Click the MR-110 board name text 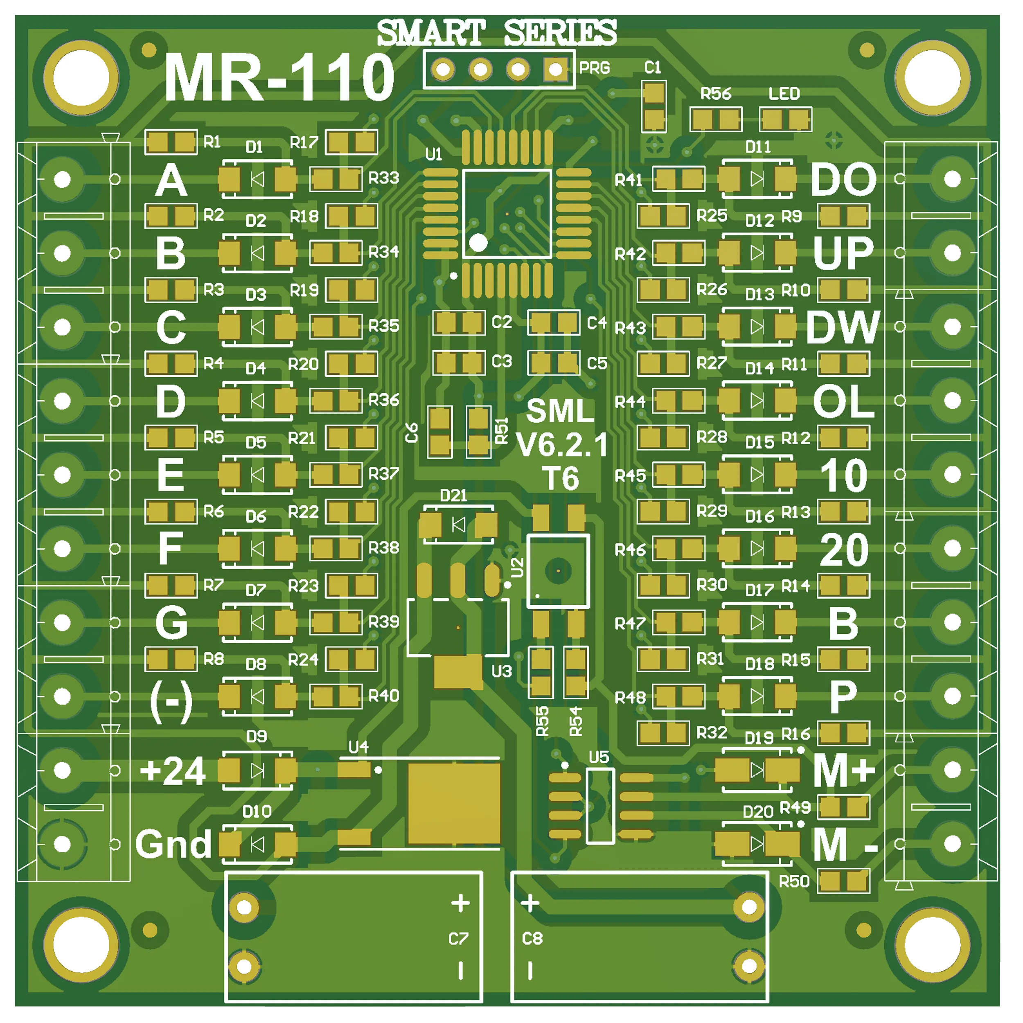pyautogui.click(x=279, y=78)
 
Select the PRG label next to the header pyautogui.click(x=594, y=68)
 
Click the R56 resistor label pyautogui.click(x=715, y=94)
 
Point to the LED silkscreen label pyautogui.click(x=784, y=94)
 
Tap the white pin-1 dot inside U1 pyautogui.click(x=478, y=243)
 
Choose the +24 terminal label pyautogui.click(x=173, y=771)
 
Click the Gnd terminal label pyautogui.click(x=173, y=844)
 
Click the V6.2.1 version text pyautogui.click(x=561, y=445)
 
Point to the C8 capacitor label pyautogui.click(x=532, y=939)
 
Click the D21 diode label pyautogui.click(x=454, y=496)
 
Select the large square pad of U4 pyautogui.click(x=454, y=803)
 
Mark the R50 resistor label pyautogui.click(x=794, y=882)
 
